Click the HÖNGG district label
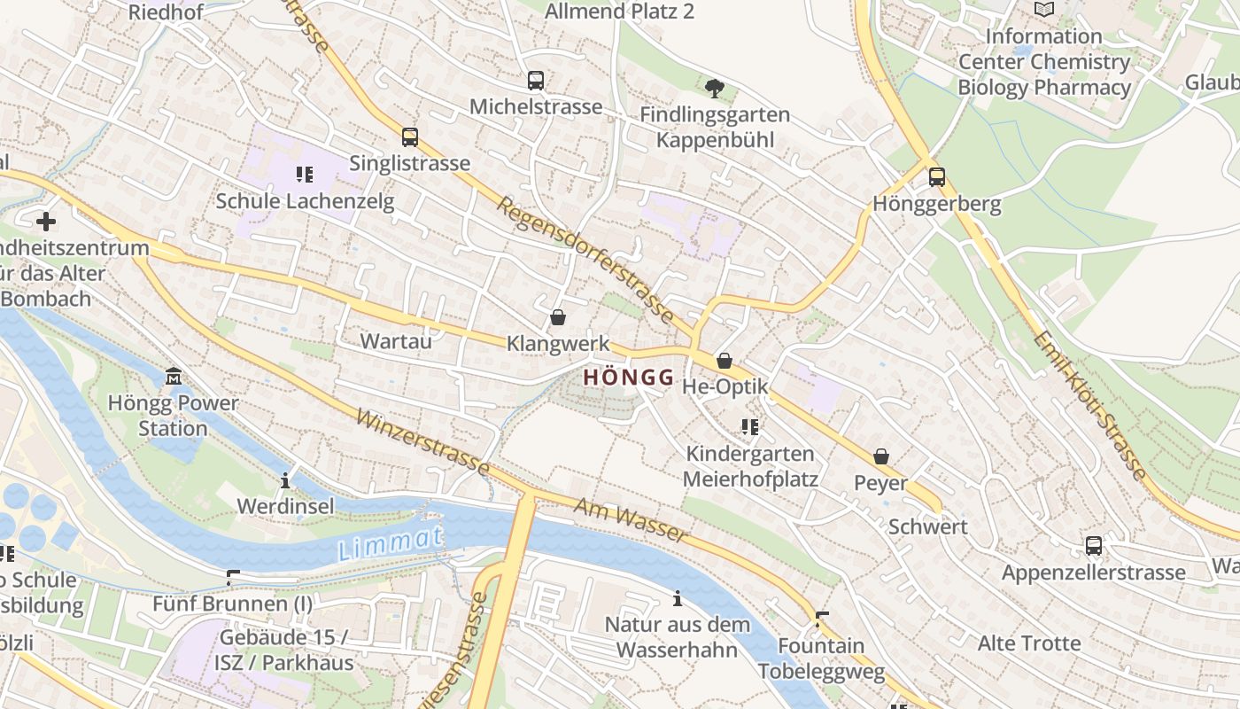click(x=629, y=377)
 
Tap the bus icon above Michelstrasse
click(x=536, y=81)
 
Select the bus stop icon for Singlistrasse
click(x=409, y=137)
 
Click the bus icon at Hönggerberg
click(x=937, y=177)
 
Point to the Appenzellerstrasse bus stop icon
click(x=1094, y=546)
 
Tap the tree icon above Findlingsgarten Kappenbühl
click(x=714, y=88)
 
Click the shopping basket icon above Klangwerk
click(x=558, y=317)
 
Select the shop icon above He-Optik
click(x=725, y=361)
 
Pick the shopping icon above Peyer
click(x=881, y=457)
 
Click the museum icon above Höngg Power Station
click(x=173, y=377)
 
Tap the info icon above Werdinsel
click(x=285, y=481)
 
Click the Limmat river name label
click(x=390, y=543)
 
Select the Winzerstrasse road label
click(x=422, y=441)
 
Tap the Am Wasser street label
click(x=630, y=519)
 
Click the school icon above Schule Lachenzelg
click(x=305, y=175)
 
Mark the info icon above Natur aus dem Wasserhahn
click(x=678, y=599)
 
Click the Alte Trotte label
click(x=1028, y=643)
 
